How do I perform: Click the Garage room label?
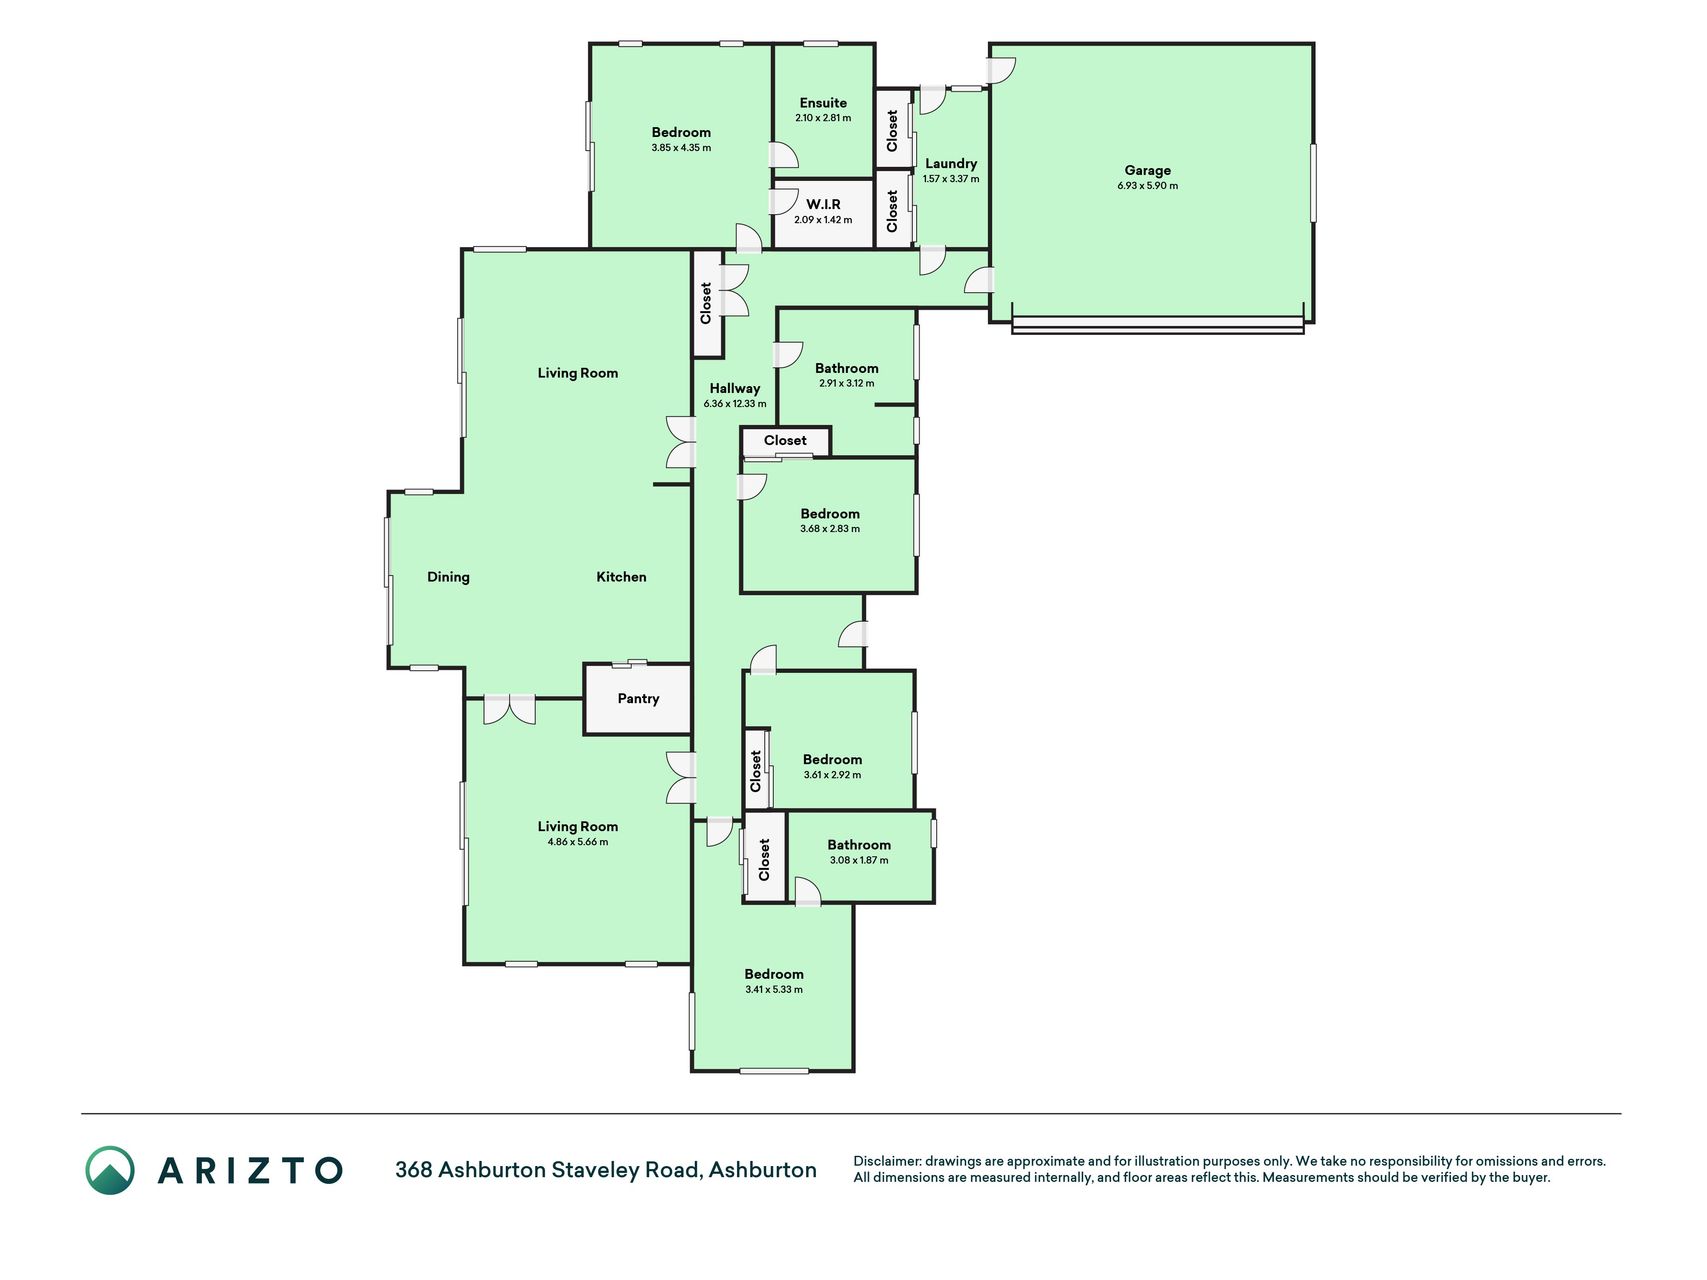point(1147,170)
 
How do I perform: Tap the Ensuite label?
point(823,103)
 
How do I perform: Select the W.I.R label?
point(823,204)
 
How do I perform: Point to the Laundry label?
point(951,164)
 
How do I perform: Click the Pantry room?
point(638,699)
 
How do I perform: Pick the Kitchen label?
point(621,577)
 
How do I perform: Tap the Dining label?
point(448,577)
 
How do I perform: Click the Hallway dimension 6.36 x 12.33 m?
point(735,404)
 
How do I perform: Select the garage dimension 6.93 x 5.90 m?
point(1148,186)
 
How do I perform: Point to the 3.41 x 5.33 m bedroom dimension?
point(774,990)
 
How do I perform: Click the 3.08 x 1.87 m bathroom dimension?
point(859,860)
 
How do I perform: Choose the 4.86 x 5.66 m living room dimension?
point(578,842)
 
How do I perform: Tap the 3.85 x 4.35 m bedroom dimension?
point(681,148)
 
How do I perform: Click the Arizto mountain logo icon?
point(110,1170)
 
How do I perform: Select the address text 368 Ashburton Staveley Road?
point(549,1170)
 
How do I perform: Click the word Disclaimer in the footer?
point(886,1161)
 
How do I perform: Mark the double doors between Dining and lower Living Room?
point(510,709)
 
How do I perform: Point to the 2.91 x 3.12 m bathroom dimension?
point(847,383)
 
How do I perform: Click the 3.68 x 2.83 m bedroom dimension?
point(830,529)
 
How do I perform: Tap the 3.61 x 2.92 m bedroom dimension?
point(832,775)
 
